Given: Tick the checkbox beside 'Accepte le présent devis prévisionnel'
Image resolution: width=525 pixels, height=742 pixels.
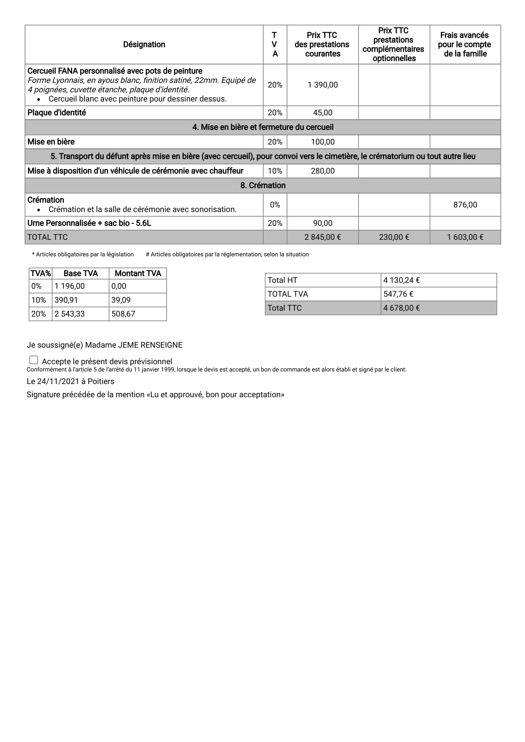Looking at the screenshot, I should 34,360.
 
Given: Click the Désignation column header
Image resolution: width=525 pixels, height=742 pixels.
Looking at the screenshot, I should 144,44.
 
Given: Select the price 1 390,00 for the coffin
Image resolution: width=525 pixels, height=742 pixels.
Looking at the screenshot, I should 322,85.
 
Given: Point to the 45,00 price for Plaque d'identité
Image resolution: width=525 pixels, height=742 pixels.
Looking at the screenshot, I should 322,112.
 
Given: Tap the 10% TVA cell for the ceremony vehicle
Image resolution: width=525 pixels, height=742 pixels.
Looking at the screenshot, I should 275,171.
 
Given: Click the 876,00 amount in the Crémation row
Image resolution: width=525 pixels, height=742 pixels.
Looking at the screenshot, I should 465,205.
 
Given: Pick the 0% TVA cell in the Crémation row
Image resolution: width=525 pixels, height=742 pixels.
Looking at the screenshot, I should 275,205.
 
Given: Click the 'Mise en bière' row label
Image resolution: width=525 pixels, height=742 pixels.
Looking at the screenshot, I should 51,142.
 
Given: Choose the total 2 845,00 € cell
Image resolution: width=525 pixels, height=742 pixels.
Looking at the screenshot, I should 322,237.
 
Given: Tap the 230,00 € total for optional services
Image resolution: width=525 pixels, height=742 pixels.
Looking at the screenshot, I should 394,237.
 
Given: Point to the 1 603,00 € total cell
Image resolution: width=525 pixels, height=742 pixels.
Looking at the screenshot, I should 465,237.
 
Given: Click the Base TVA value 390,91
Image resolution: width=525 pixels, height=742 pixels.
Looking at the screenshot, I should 66,300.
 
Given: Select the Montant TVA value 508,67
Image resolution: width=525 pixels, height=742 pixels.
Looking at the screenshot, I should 123,314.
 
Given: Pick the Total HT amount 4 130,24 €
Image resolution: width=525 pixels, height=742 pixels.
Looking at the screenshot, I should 401,280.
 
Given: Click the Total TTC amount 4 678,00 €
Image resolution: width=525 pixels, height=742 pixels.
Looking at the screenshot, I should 401,308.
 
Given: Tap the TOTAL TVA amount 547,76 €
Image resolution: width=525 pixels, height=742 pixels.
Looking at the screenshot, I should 398,294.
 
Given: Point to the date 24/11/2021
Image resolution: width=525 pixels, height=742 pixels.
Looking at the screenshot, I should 58,381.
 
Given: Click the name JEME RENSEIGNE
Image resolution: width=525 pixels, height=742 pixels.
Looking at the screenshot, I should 150,345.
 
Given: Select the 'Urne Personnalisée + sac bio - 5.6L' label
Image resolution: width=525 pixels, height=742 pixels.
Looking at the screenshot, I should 89,223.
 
